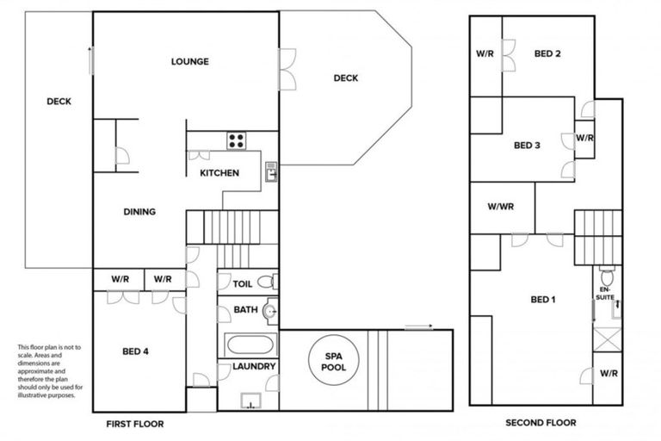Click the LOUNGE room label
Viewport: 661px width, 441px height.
pos(189,61)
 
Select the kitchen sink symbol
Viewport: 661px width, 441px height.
pos(270,169)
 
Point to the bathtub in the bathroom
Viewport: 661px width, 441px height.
pos(250,346)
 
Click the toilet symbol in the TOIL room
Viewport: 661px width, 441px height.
pos(267,281)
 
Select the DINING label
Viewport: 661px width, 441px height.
pos(139,212)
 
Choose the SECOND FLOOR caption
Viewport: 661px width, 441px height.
pos(541,423)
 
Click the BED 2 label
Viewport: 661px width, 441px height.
pos(547,53)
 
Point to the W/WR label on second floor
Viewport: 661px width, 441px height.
pos(500,207)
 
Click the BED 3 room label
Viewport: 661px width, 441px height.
pos(527,146)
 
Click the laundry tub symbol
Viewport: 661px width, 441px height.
pos(251,400)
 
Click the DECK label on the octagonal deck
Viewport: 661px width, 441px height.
pos(345,78)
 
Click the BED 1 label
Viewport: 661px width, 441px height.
pos(542,300)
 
